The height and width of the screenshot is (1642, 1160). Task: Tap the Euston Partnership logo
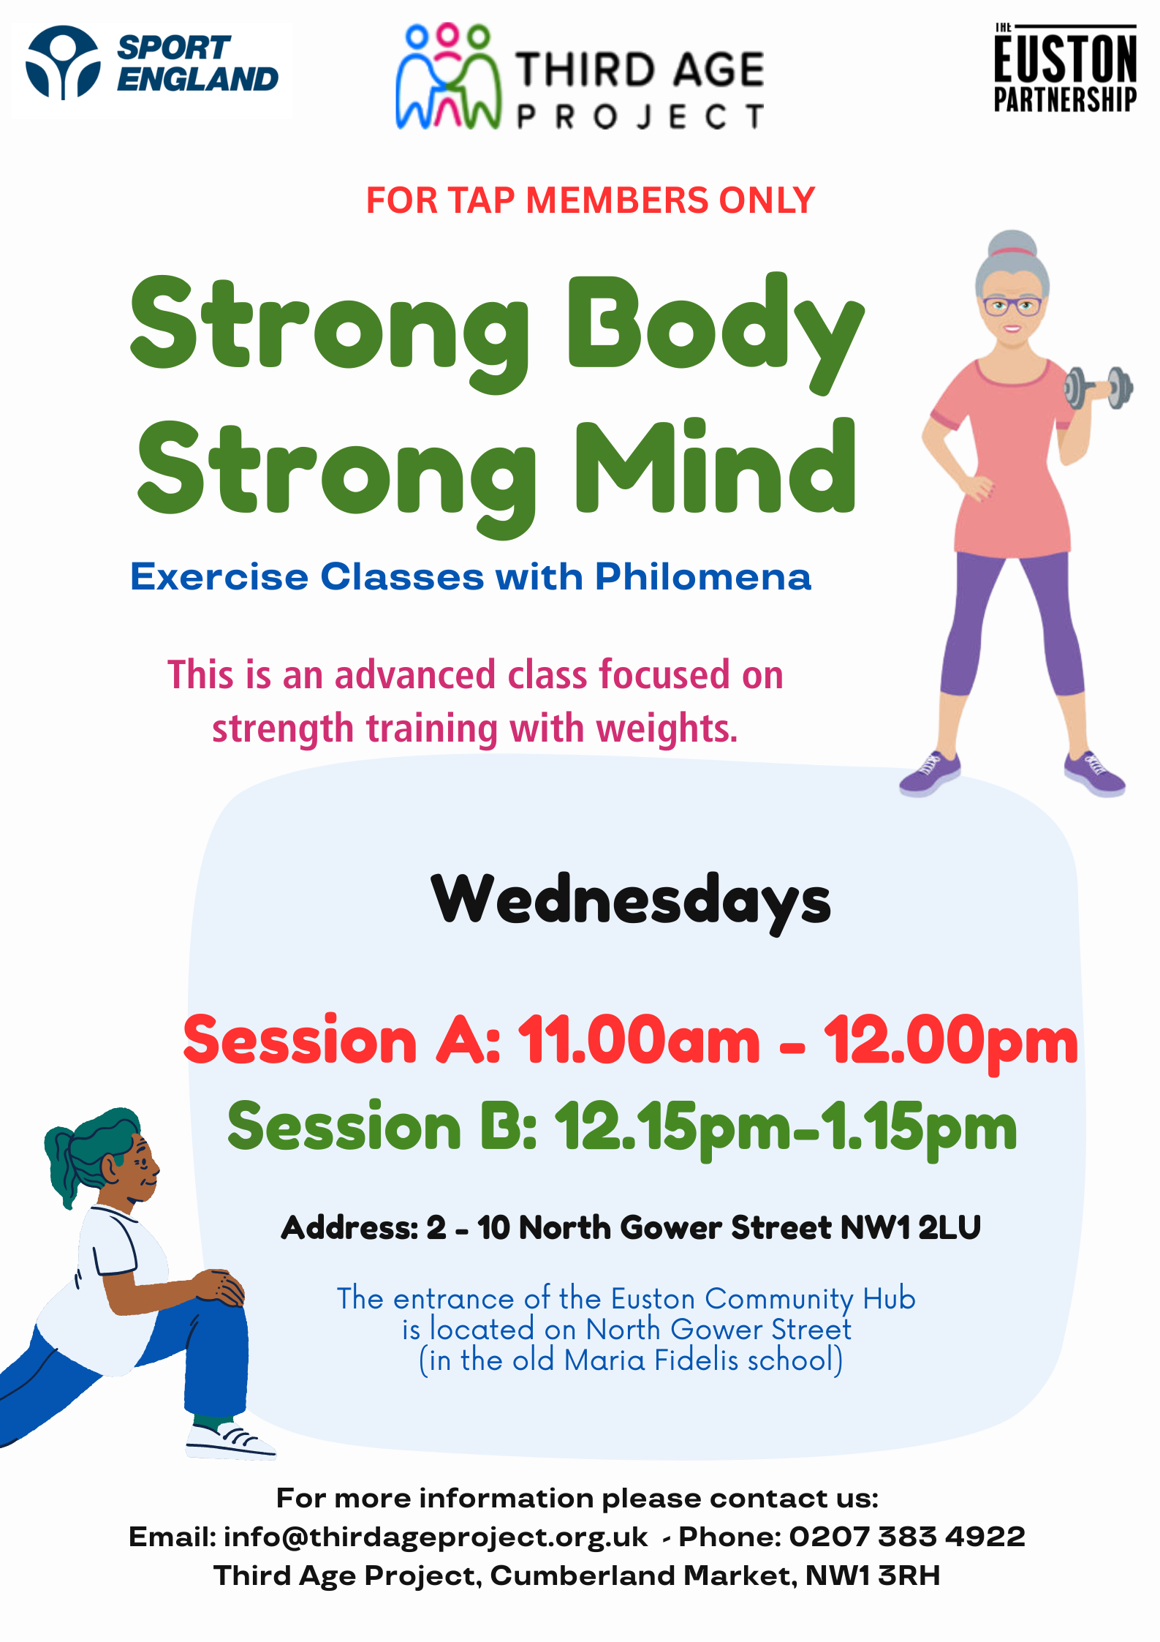pyautogui.click(x=1065, y=68)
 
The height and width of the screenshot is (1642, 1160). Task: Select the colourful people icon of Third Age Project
pyautogui.click(x=448, y=77)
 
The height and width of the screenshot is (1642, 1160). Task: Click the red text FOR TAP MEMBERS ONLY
pyautogui.click(x=590, y=200)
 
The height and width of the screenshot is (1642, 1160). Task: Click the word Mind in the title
pyautogui.click(x=716, y=467)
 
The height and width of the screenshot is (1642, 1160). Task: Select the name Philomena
pyautogui.click(x=703, y=577)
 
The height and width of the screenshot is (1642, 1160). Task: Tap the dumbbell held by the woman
pyautogui.click(x=1098, y=388)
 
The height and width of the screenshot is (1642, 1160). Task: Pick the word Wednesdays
pyautogui.click(x=631, y=901)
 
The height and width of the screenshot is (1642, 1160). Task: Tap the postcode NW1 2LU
pyautogui.click(x=910, y=1228)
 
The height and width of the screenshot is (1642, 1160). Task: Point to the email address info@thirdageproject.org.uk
pyautogui.click(x=436, y=1537)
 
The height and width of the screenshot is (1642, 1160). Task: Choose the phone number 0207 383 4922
pyautogui.click(x=907, y=1537)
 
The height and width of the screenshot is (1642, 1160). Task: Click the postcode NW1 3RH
pyautogui.click(x=873, y=1575)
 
